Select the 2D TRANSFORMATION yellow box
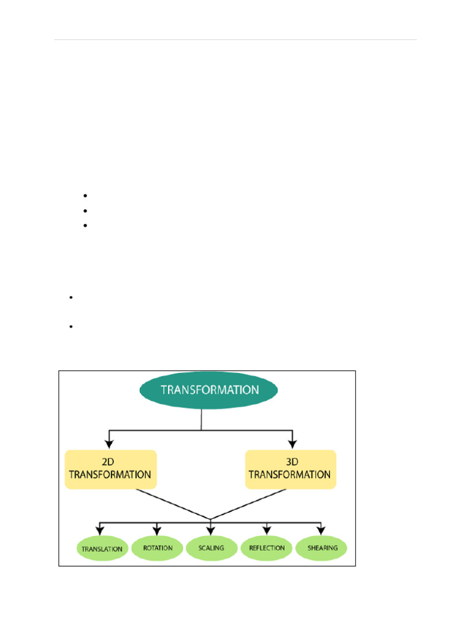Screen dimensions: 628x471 tap(110, 469)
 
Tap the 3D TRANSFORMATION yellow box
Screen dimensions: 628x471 tap(291, 469)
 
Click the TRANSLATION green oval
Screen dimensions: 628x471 tap(102, 549)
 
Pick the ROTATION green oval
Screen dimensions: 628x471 tap(157, 548)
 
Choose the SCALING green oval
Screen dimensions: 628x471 tap(212, 548)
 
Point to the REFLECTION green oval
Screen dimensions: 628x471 tap(267, 548)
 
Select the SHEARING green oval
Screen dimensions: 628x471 tap(321, 548)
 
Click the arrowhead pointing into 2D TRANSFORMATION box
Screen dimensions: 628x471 tap(109, 443)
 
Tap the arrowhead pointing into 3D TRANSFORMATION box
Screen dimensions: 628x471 tap(293, 443)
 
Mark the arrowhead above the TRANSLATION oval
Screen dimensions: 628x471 tap(100, 529)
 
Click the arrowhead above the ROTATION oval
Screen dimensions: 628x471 tap(157, 529)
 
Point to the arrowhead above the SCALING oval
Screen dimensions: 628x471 tap(211, 529)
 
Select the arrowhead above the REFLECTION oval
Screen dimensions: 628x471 tap(267, 529)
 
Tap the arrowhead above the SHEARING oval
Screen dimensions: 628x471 tap(320, 529)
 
